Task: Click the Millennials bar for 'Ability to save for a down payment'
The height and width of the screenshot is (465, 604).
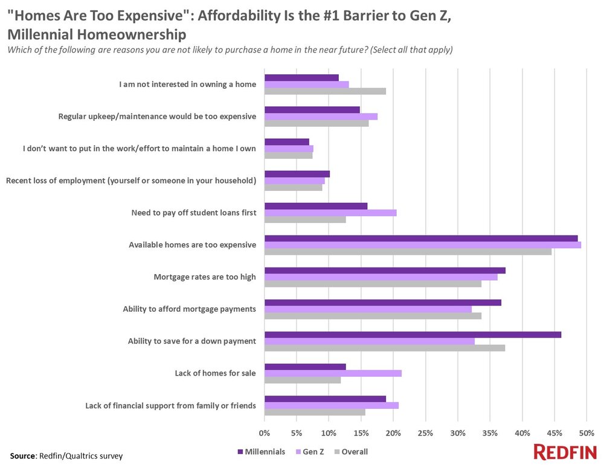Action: (x=413, y=335)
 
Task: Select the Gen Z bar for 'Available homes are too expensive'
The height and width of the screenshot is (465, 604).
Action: (x=423, y=245)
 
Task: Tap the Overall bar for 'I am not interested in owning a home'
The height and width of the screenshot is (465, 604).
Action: (x=325, y=91)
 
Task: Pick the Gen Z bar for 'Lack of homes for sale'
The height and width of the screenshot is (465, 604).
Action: (x=333, y=373)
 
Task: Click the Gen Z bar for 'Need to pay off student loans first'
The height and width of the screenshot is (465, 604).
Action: (x=330, y=213)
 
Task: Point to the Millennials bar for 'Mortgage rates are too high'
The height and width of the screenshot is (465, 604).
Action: (x=385, y=270)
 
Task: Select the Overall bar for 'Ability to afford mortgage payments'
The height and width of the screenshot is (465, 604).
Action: (x=373, y=315)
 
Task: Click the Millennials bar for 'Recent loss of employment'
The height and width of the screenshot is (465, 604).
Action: (x=297, y=174)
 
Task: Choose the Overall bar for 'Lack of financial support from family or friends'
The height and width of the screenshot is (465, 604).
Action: (x=315, y=412)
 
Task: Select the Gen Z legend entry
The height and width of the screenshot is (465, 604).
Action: (x=313, y=451)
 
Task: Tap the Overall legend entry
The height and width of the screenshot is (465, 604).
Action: (x=355, y=451)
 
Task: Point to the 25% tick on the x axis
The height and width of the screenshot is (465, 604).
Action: (x=425, y=433)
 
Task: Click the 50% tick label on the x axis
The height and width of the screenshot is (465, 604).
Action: (x=586, y=433)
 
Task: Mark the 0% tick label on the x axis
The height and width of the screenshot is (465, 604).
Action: (x=265, y=433)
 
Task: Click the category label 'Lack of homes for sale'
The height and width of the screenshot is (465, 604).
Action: (x=216, y=373)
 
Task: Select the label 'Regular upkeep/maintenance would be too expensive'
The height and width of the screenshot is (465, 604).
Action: (x=156, y=117)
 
